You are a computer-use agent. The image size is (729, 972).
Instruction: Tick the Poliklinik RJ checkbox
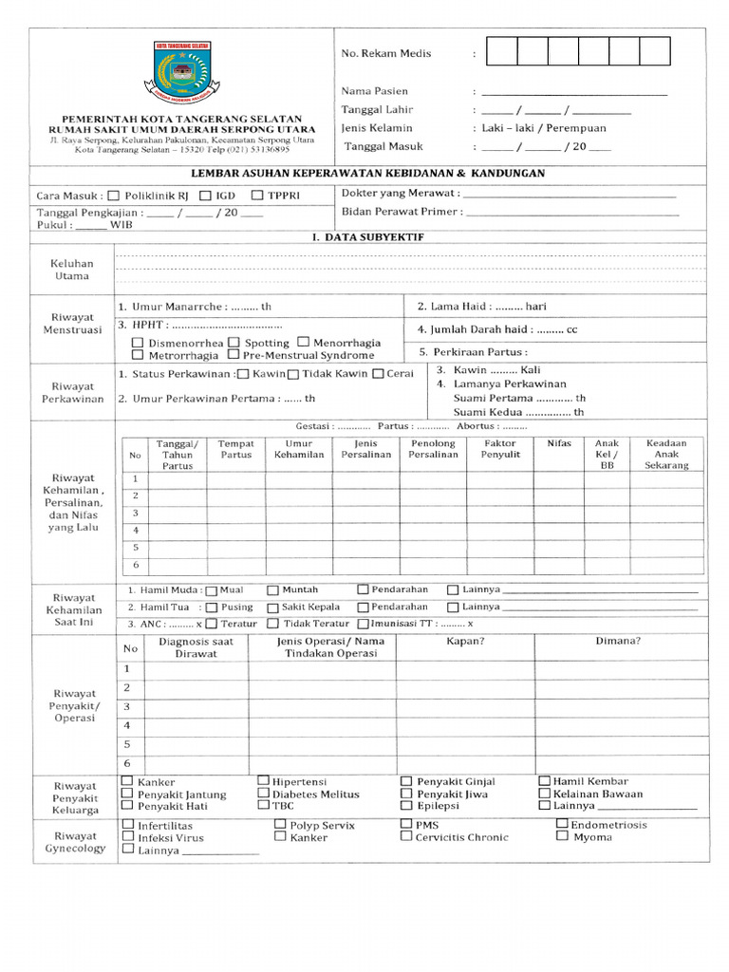[115, 196]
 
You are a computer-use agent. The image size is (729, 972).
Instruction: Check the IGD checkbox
[205, 196]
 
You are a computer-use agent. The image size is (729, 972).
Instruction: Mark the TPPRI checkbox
[257, 196]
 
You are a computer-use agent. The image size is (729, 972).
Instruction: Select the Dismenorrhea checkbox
[139, 343]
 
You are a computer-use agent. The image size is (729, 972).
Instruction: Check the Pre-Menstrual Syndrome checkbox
[234, 355]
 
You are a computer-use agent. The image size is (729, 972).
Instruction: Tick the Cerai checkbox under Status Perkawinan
[379, 374]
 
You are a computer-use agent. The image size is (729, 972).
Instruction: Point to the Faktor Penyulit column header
[499, 449]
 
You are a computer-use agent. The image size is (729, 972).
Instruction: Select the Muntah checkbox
[273, 589]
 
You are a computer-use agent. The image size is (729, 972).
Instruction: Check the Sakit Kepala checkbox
[273, 607]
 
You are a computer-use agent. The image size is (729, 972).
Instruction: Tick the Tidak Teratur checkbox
[273, 625]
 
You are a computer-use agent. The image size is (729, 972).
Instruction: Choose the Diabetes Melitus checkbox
[264, 794]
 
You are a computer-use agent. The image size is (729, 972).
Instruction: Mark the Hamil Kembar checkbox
[545, 781]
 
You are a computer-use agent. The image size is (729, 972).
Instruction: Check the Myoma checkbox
[562, 837]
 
